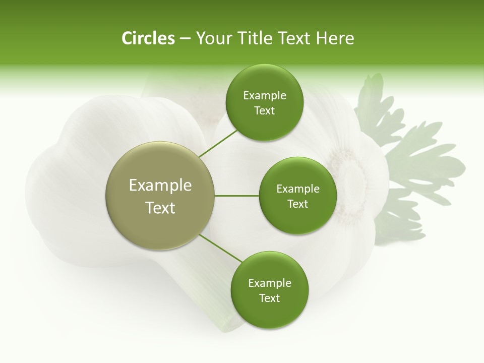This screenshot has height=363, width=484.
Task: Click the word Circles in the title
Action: (x=148, y=38)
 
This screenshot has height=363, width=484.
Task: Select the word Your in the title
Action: (x=212, y=38)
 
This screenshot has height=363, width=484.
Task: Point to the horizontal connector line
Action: (x=237, y=196)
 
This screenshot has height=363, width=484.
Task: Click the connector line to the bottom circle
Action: (x=221, y=248)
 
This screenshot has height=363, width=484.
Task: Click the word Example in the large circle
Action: (x=160, y=186)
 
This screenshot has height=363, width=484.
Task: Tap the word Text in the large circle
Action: (x=160, y=208)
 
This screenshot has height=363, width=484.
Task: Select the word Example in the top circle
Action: (x=264, y=96)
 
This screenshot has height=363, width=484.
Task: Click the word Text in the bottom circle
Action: (x=269, y=298)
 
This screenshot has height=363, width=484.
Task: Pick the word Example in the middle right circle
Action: (x=297, y=189)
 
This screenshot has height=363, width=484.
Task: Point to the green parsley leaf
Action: (x=408, y=151)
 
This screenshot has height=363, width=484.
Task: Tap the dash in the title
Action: (x=185, y=39)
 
